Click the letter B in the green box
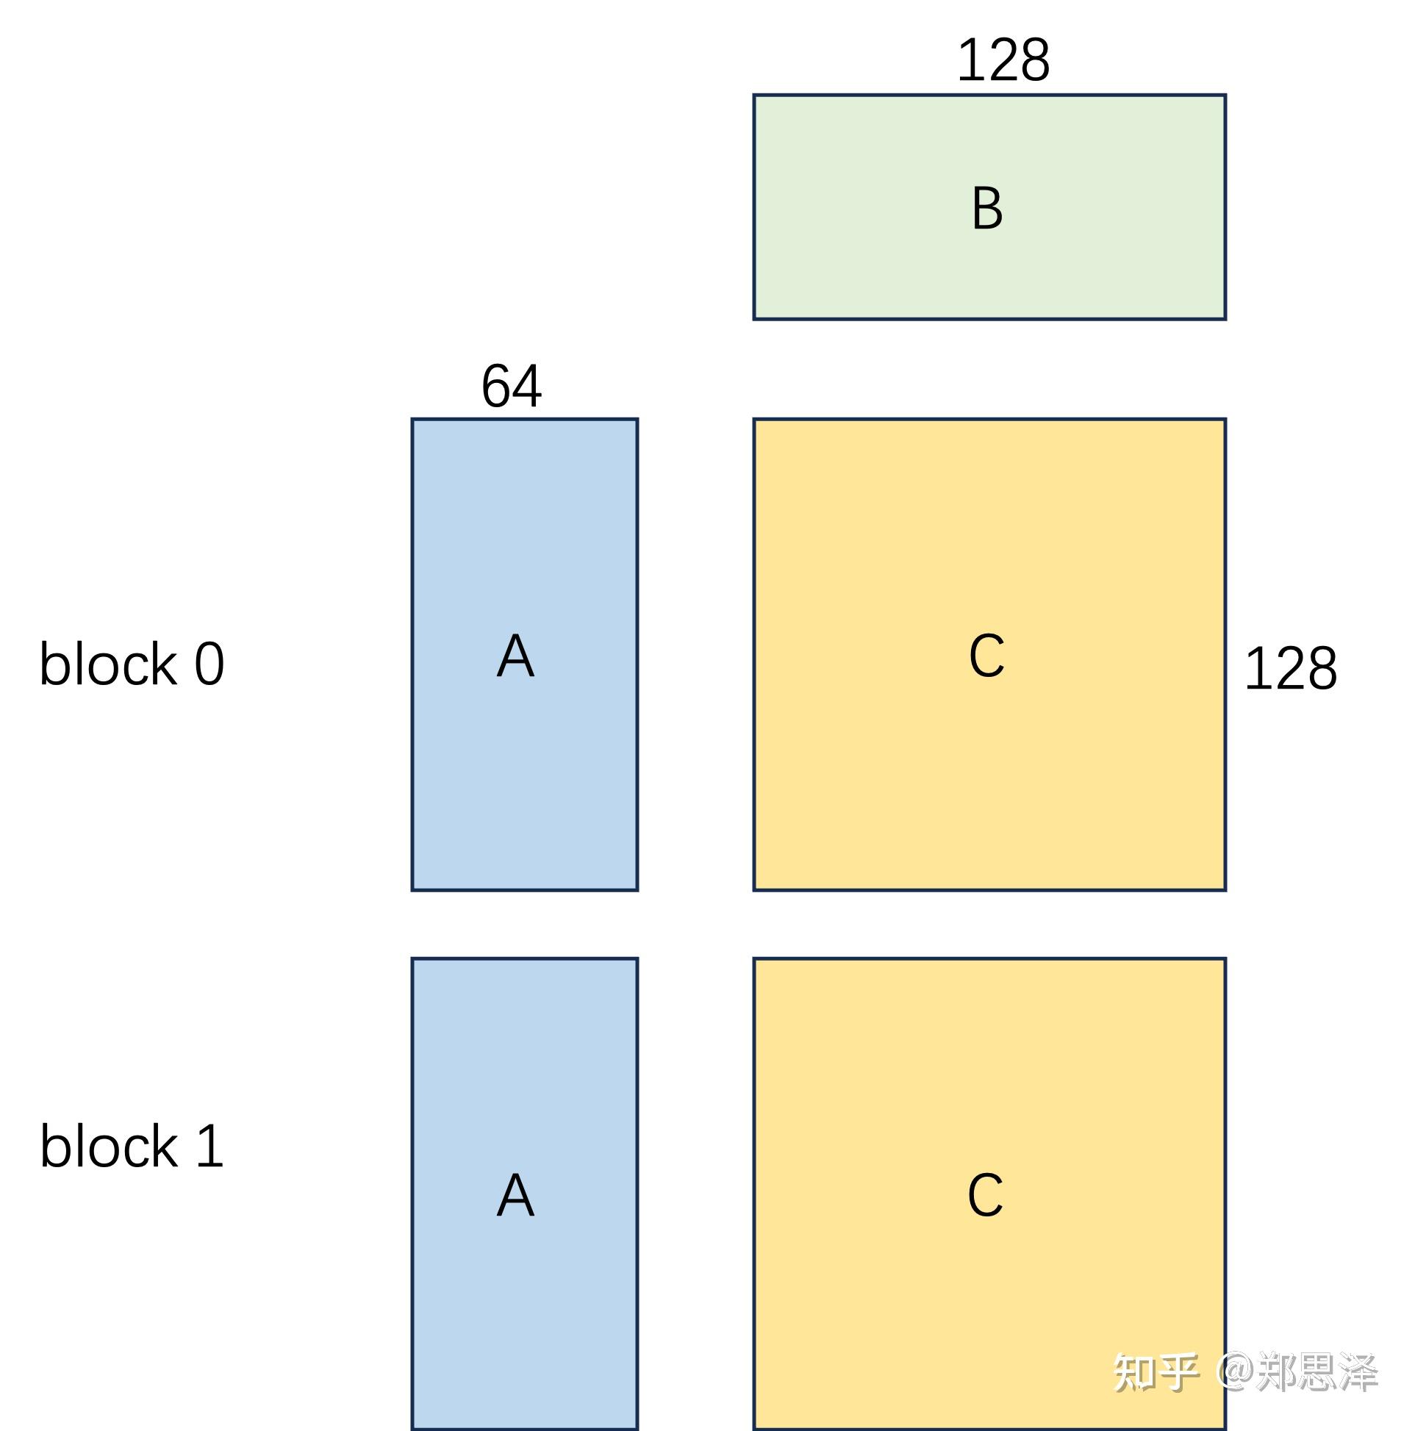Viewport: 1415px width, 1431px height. [x=986, y=208]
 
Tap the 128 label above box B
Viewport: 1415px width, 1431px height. [x=1003, y=60]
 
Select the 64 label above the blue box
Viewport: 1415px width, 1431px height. [x=511, y=386]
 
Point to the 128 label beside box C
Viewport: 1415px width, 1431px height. [x=1290, y=668]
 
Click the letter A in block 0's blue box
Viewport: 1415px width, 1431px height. [x=515, y=656]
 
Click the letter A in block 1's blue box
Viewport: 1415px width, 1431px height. [x=515, y=1195]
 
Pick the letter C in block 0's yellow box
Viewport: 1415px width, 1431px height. [x=986, y=656]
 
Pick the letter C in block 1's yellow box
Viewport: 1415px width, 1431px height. [x=985, y=1195]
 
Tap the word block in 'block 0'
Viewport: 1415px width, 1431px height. [x=107, y=664]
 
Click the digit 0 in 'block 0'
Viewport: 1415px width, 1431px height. [x=209, y=664]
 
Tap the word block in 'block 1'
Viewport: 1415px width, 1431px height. [x=107, y=1146]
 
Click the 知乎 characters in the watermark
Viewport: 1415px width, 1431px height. [x=1156, y=1372]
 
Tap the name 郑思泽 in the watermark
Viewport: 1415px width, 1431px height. [x=1317, y=1372]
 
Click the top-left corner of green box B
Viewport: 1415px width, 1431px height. [x=754, y=96]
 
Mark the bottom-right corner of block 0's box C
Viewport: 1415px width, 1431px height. [x=1225, y=889]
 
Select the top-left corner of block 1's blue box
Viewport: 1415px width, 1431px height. [x=412, y=959]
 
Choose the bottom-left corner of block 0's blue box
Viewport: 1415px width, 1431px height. [x=412, y=889]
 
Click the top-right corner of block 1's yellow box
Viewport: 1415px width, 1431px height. [x=1225, y=959]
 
